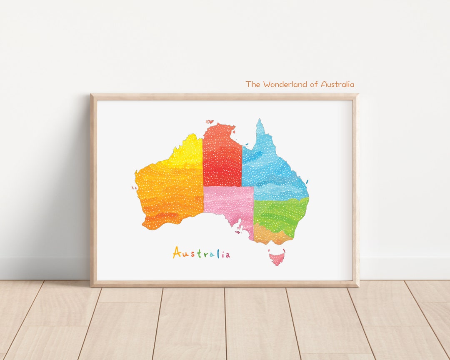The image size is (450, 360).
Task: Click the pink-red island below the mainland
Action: [x=276, y=258]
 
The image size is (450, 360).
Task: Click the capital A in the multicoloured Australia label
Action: [x=177, y=252]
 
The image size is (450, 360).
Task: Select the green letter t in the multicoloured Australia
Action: [x=200, y=254]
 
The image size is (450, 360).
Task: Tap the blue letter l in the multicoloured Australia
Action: [x=217, y=253]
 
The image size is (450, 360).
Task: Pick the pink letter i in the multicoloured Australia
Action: [x=222, y=254]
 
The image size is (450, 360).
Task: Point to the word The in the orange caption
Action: [x=252, y=84]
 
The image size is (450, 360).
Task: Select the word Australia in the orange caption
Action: [x=337, y=84]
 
